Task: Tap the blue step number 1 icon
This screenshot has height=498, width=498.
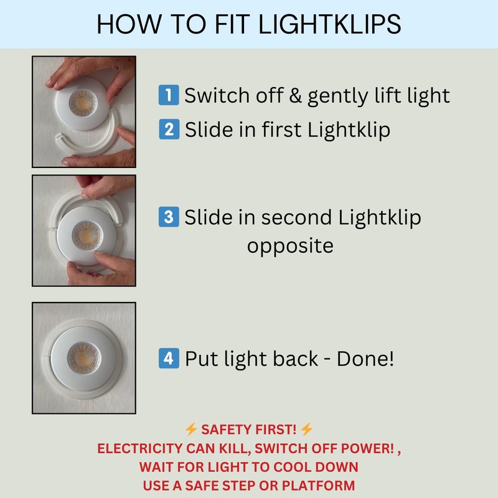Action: [x=168, y=96]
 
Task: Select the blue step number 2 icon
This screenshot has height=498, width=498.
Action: [x=168, y=129]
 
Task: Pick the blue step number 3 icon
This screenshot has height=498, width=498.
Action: [x=168, y=217]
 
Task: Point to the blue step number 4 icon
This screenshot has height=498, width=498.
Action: [x=168, y=359]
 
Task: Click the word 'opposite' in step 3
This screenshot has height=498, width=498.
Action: [x=290, y=246]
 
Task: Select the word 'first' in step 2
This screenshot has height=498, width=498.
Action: [x=280, y=129]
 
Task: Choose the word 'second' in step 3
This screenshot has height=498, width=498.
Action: [x=298, y=217]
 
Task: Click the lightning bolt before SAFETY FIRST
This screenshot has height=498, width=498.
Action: [x=191, y=430]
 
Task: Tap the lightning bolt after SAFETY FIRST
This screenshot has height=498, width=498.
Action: [x=306, y=430]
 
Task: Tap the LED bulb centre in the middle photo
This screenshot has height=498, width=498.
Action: [x=85, y=235]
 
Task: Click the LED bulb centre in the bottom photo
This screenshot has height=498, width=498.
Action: [x=82, y=357]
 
